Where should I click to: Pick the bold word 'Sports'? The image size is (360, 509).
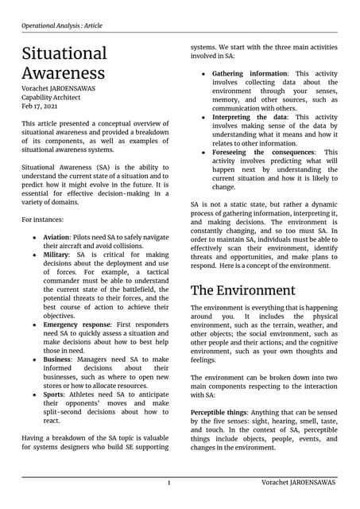tap(56, 394)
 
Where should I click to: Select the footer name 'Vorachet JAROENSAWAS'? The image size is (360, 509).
tap(298, 483)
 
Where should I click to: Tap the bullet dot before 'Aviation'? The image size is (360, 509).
tap(33, 239)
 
